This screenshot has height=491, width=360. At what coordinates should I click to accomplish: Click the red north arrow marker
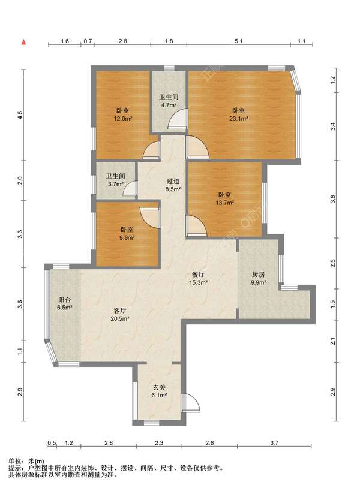(x=23, y=42)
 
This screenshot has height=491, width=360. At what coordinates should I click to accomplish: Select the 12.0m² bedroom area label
(x=122, y=119)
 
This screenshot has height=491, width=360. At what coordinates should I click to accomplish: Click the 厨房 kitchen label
(x=259, y=275)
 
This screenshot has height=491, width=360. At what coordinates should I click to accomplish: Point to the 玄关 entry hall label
(x=159, y=388)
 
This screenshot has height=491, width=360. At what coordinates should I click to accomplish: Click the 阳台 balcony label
(x=64, y=300)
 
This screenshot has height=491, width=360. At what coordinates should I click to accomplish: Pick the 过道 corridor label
(x=173, y=181)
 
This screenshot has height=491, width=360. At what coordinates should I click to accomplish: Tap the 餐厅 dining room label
(x=199, y=275)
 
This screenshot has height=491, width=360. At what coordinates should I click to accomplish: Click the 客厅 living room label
(x=119, y=311)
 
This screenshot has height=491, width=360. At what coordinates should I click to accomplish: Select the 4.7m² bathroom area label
(x=169, y=106)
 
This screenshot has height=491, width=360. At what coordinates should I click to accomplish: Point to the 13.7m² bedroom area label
(x=224, y=203)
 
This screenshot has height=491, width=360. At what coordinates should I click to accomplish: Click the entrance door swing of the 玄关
(x=190, y=403)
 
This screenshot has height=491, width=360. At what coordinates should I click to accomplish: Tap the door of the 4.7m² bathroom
(x=178, y=119)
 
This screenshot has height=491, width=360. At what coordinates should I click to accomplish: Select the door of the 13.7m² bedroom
(x=196, y=225)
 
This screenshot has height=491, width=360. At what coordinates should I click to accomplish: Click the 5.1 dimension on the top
(x=239, y=41)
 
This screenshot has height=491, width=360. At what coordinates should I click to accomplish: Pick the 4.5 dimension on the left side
(x=20, y=115)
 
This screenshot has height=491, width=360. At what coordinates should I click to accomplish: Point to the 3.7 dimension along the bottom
(x=274, y=443)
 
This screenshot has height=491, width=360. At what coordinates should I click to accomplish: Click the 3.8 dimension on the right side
(x=333, y=199)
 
